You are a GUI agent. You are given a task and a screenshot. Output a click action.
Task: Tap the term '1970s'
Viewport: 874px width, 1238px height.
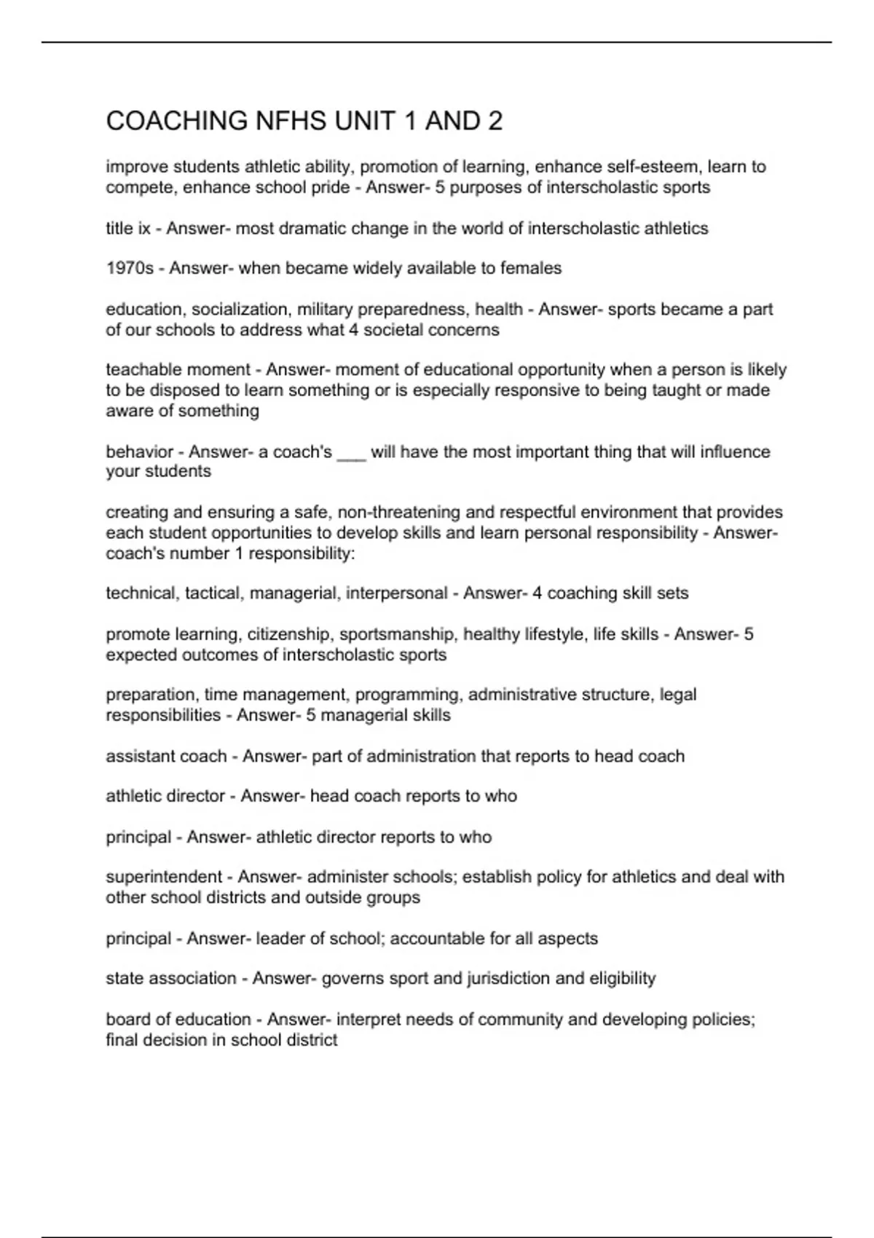pyautogui.click(x=130, y=269)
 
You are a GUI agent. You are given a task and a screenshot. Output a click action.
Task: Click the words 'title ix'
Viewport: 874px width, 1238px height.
pyautogui.click(x=128, y=229)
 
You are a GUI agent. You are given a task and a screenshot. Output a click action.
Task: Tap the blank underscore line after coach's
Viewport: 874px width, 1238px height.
pyautogui.click(x=351, y=452)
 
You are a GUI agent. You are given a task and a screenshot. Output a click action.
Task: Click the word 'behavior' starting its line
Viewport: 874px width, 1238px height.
pyautogui.click(x=139, y=452)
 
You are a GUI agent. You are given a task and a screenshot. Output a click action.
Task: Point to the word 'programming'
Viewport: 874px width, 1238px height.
pyautogui.click(x=406, y=695)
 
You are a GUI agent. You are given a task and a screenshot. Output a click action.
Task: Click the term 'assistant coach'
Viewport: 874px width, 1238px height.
pyautogui.click(x=166, y=757)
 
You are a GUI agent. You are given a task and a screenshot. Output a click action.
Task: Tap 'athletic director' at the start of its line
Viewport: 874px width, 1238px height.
pyautogui.click(x=165, y=796)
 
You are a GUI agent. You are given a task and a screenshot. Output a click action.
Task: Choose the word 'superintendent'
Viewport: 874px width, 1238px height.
pyautogui.click(x=164, y=877)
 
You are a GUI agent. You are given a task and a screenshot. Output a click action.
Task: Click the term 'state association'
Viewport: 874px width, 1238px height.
pyautogui.click(x=171, y=978)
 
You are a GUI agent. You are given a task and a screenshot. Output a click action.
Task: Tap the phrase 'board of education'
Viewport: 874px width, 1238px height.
pyautogui.click(x=178, y=1020)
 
